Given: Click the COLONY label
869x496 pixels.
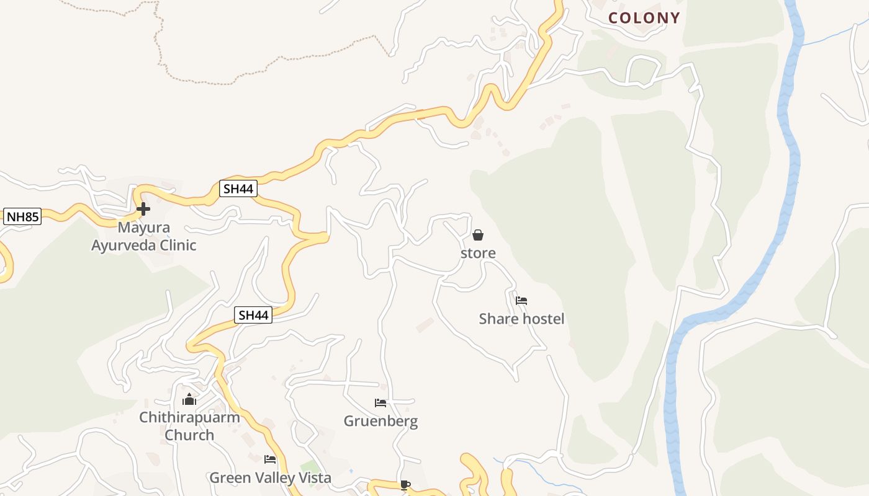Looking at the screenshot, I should pos(644,18).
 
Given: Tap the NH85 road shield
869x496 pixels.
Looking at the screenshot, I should pos(22,217).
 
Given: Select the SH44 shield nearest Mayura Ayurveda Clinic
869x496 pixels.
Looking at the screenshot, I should pos(238,189).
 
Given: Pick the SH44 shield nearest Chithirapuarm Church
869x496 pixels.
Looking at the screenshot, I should pos(253,315).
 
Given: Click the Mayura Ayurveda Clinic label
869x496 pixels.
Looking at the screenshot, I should pos(143,236).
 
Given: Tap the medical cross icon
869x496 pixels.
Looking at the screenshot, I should pos(143,209).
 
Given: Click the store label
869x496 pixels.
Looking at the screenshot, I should pos(478,253).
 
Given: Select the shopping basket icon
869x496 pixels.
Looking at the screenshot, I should pos(478,235).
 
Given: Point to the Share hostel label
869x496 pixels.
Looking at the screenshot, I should pos(521,319).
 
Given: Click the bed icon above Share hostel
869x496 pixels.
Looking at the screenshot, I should pos(521,301).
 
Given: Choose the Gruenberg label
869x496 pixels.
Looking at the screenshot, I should pos(380,422).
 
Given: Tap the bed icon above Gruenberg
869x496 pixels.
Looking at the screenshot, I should pos(380,403).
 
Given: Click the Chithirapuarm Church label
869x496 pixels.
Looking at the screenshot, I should pos(189,426).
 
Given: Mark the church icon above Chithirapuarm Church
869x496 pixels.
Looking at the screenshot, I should pos(189,399).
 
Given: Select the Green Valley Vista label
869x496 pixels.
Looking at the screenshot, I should pos(270,478).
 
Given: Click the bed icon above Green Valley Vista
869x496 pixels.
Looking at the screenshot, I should pos(270,459).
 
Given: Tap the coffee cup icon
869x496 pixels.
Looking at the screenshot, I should pos(405,485).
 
